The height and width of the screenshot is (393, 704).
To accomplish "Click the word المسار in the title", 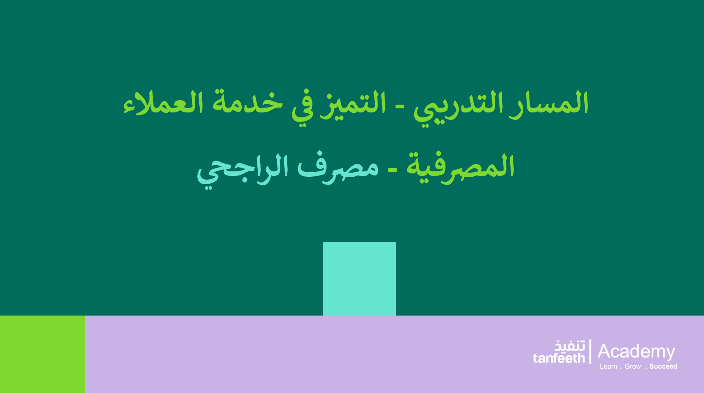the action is point(549,103).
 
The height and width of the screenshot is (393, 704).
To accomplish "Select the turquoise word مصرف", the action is point(338,168).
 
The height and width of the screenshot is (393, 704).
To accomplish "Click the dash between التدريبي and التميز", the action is point(400,108).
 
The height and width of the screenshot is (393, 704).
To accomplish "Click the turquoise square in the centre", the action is point(359,278).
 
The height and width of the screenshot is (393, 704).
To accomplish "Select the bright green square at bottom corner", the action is point(42,354).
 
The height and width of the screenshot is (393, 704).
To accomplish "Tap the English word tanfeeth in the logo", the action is point(559,358).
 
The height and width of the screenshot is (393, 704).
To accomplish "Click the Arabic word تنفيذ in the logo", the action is point(569,346).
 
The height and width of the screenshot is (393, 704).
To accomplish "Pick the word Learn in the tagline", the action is point(608,367).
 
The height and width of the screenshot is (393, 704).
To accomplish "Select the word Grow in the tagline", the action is point(633,367).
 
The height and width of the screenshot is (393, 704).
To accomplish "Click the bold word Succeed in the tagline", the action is point(663,367).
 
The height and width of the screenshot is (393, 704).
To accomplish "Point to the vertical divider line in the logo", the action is point(590,351).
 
